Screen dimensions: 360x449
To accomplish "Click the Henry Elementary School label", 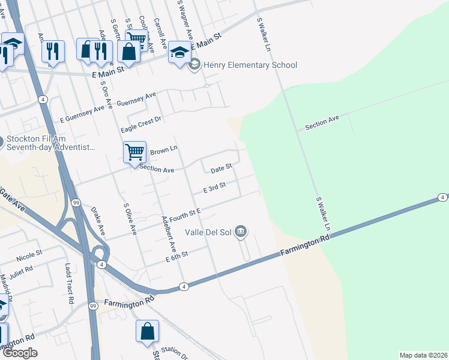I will coord(250,65).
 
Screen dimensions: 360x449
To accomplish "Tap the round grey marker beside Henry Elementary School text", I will coord(194,65).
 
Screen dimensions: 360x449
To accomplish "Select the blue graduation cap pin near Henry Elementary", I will coord(179,52).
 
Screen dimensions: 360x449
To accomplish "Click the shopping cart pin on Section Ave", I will coord(134,152).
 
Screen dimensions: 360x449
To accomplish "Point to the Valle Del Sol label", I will coord(208,232).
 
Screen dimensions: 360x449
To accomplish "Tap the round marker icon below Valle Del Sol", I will coord(241,231).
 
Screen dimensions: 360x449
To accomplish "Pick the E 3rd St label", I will coord(214,188).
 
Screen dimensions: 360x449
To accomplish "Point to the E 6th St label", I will coord(177,256).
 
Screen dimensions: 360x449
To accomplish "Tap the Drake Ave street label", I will coord(98,221).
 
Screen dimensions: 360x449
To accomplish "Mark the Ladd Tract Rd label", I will coord(68,283).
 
